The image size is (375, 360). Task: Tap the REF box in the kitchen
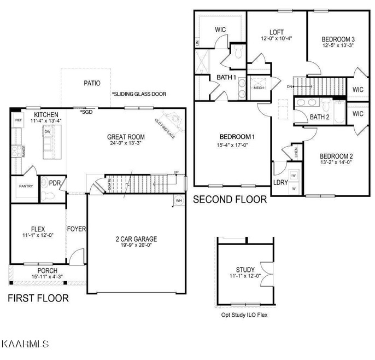click(x=19, y=120)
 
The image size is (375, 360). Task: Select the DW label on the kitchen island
click(x=48, y=132)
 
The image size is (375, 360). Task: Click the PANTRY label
click(x=26, y=186)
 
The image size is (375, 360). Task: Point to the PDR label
click(x=55, y=183)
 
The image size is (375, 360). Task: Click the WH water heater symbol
click(x=178, y=201)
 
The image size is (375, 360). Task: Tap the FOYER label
click(x=77, y=229)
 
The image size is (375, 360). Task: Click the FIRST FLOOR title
click(x=38, y=298)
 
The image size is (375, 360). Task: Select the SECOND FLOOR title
click(x=230, y=200)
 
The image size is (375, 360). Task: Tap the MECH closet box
click(x=258, y=88)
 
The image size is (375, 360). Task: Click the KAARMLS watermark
click(x=26, y=344)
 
